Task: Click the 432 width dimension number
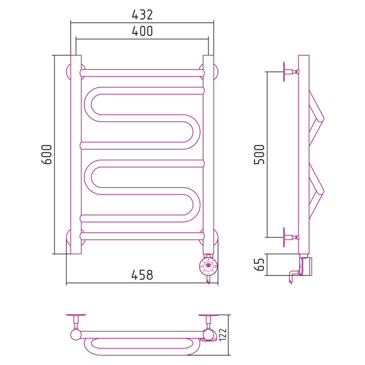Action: (142, 15)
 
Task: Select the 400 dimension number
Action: (142, 31)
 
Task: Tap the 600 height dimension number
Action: (47, 155)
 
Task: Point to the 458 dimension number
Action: (142, 275)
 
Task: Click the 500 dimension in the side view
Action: (259, 155)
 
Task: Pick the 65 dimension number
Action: (259, 265)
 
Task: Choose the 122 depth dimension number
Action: (223, 335)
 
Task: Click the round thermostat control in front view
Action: (209, 266)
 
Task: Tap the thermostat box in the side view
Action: (306, 266)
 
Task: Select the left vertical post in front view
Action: (76, 155)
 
